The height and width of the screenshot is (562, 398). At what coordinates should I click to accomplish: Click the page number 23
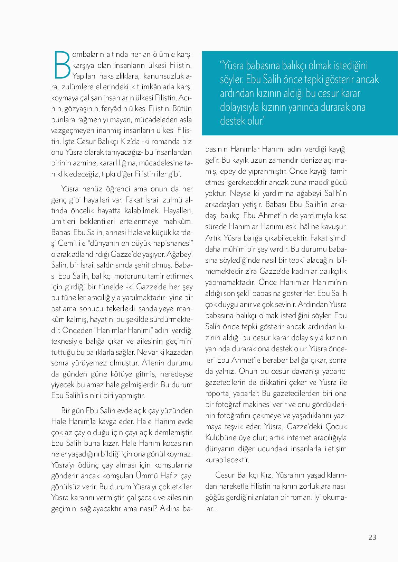372,537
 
